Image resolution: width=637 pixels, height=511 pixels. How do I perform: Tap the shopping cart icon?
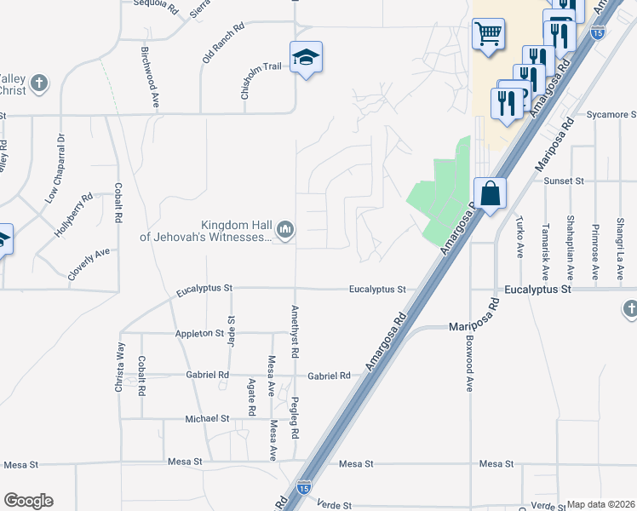coord(489,35)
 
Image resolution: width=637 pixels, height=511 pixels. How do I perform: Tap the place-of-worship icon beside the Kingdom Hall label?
coord(285,229)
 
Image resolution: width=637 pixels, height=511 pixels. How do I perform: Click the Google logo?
coord(28,501)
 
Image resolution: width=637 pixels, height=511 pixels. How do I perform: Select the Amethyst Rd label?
coord(295,330)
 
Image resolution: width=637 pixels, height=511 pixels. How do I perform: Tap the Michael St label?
coord(208,419)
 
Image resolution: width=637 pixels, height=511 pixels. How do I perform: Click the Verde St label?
coord(334,504)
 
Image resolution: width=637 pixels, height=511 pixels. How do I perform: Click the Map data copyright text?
coord(600,504)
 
